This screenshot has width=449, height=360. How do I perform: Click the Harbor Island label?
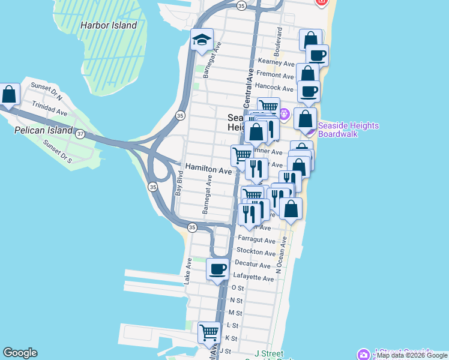(x=108, y=26)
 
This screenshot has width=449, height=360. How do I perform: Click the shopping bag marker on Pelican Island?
(x=9, y=95)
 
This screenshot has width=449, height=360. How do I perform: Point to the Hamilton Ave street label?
(x=208, y=171)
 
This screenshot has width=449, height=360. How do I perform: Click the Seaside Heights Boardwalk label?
(x=348, y=130)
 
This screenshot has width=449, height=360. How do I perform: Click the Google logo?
(x=20, y=353)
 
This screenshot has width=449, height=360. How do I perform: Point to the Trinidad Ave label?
(x=50, y=111)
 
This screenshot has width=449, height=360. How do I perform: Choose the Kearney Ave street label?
(x=276, y=62)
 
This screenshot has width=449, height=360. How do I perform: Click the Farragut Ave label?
(x=255, y=239)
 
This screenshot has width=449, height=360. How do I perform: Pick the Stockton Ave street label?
(x=255, y=250)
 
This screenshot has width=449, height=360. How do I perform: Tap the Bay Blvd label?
(x=178, y=184)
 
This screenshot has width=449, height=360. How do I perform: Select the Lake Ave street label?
(x=188, y=271)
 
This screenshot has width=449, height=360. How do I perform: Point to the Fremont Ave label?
(x=274, y=74)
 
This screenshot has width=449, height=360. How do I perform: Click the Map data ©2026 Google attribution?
(x=412, y=355)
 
